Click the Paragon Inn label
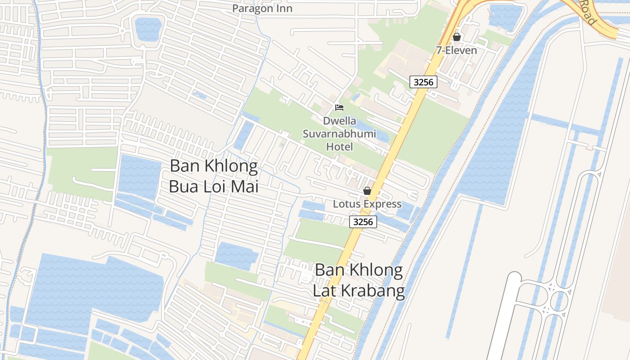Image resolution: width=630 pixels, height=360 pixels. [262, 8]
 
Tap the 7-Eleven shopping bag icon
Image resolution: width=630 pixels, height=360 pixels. [456, 37]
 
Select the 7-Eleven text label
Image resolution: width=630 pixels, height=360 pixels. [456, 50]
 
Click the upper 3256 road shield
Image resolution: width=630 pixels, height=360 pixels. [423, 81]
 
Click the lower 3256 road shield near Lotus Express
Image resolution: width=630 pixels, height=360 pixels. [363, 221]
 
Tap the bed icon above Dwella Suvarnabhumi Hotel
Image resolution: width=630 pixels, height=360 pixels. [339, 107]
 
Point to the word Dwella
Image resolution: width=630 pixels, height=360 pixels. [339, 121]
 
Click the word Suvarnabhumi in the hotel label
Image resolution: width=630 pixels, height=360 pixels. [339, 134]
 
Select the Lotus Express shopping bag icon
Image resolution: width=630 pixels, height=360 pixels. [367, 191]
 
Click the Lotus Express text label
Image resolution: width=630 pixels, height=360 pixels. [367, 204]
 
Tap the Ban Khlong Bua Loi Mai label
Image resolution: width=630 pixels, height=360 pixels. [214, 176]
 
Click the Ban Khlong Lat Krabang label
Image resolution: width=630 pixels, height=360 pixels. [359, 280]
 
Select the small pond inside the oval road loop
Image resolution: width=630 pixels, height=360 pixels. [148, 29]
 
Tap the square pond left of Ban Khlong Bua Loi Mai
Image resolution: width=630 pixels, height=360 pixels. [139, 177]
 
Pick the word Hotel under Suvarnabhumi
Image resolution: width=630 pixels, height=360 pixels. [339, 147]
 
